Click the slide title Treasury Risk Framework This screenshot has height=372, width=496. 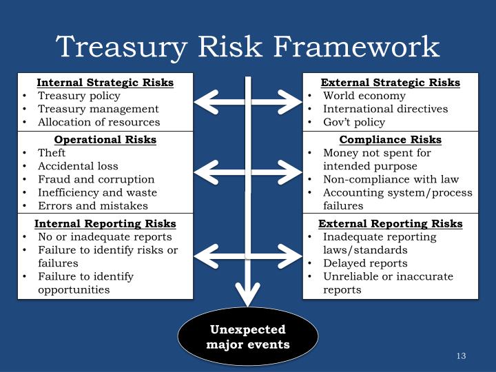247,47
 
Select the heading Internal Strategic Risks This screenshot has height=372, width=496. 105,83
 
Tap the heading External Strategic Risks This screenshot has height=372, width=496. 391,83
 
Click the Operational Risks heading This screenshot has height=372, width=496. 105,140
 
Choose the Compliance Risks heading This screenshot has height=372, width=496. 391,140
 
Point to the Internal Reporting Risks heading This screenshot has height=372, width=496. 105,224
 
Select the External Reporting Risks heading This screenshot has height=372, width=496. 391,224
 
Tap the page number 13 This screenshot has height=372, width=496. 461,356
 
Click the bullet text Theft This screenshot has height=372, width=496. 52,153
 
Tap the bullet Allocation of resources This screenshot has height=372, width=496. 99,122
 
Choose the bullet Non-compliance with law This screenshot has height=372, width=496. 391,179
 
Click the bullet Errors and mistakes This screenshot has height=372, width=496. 92,205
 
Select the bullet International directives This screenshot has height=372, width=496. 385,109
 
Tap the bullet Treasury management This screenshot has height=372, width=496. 98,109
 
